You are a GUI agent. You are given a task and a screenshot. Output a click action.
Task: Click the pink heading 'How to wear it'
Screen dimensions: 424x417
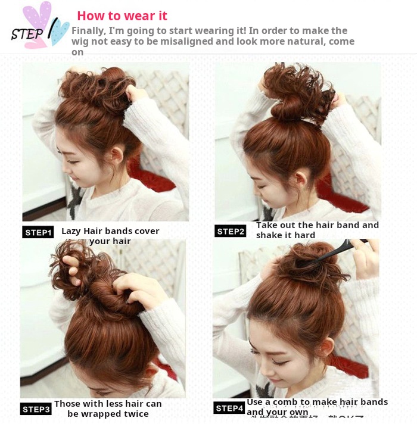tap(122, 16)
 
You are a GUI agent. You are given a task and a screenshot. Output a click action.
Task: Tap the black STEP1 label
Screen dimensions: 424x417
tap(38, 232)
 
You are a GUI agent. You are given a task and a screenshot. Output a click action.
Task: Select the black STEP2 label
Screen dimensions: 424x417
tap(230, 231)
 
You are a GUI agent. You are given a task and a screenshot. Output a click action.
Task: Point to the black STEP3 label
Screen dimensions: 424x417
tap(36, 409)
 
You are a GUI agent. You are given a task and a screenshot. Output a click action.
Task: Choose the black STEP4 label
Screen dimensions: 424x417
tap(229, 408)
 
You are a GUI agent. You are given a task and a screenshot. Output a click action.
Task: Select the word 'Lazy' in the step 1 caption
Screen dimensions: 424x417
tap(71, 231)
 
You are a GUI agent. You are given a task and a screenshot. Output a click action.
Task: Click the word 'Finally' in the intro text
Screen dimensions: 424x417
tap(88, 30)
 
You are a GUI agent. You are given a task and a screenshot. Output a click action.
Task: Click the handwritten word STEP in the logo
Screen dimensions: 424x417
tap(27, 33)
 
